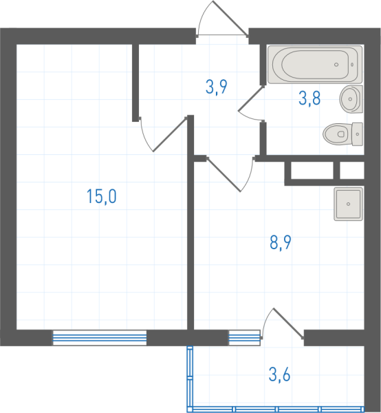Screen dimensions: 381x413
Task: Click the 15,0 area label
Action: pos(101,196)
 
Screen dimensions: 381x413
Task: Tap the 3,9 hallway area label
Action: pos(216,87)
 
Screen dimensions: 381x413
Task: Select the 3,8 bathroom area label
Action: pos(309,98)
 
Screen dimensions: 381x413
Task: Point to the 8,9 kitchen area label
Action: pos(281,242)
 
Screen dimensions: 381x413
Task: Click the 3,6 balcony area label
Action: pos(279,374)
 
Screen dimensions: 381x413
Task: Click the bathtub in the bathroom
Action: pos(315,65)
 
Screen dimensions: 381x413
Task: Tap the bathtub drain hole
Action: pos(336,65)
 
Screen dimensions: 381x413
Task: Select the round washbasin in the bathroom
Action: pos(351,99)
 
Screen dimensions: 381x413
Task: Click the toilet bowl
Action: pos(338,134)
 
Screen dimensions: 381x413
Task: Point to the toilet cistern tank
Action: pos(358,134)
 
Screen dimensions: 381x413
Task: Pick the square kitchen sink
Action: pos(349,204)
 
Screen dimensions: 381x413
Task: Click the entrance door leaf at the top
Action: pos(230,18)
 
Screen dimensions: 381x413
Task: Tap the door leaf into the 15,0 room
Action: pos(171,134)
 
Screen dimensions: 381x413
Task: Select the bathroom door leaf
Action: pos(251,98)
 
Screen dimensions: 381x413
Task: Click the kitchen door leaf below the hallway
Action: pos(224,174)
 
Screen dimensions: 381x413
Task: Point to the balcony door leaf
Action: pos(288,323)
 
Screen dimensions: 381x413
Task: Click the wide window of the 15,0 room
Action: pos(100,338)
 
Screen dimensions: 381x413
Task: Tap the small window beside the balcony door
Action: pos(244,338)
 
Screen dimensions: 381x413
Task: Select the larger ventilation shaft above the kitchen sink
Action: pos(312,170)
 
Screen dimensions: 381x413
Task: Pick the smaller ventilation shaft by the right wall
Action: pos(352,170)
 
